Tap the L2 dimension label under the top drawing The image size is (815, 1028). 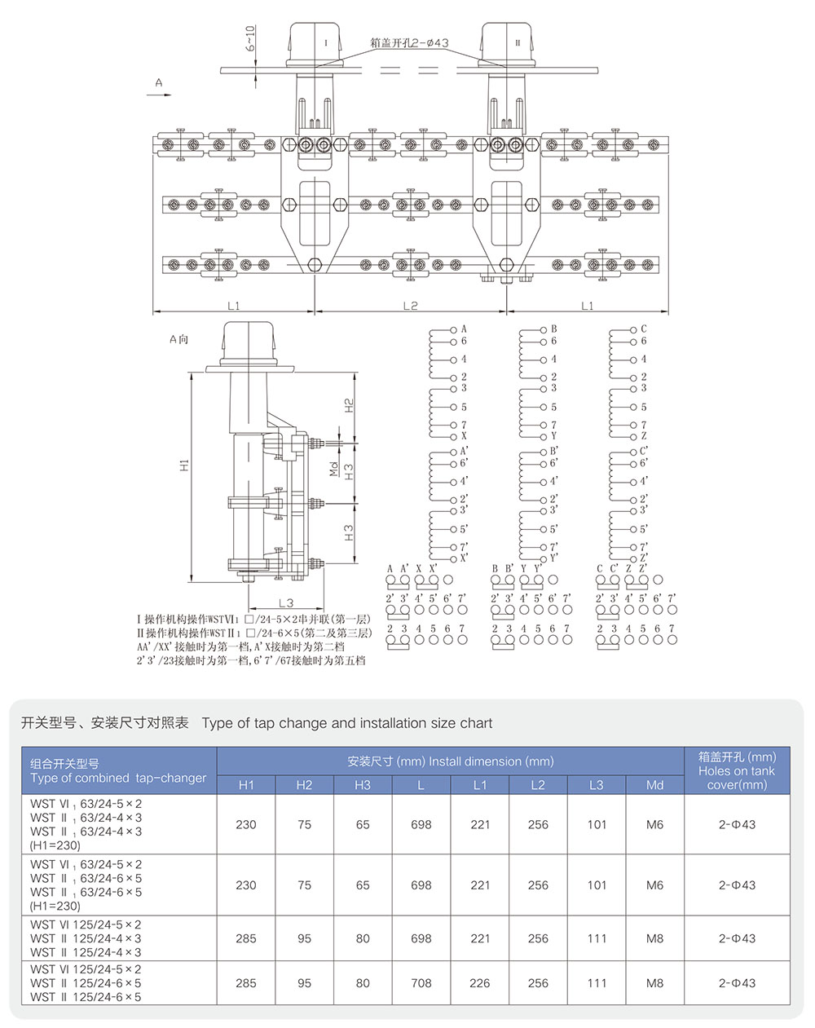point(410,305)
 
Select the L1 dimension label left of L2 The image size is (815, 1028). point(234,305)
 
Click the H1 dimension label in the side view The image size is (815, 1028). point(185,465)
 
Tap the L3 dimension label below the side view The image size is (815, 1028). point(285,602)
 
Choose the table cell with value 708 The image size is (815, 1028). point(421,982)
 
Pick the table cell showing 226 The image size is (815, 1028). point(480,982)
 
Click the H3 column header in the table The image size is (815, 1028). point(363,784)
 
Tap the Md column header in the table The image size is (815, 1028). point(654,784)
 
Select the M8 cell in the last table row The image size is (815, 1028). point(654,982)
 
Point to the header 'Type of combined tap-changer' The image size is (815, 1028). point(118,778)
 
